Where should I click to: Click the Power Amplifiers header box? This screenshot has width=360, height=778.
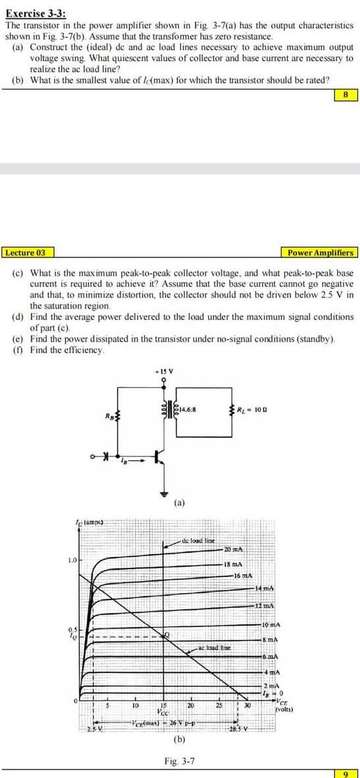[x=320, y=253]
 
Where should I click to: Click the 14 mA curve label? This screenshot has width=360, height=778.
[x=265, y=587]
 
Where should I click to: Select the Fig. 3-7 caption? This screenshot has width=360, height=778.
[x=179, y=760]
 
